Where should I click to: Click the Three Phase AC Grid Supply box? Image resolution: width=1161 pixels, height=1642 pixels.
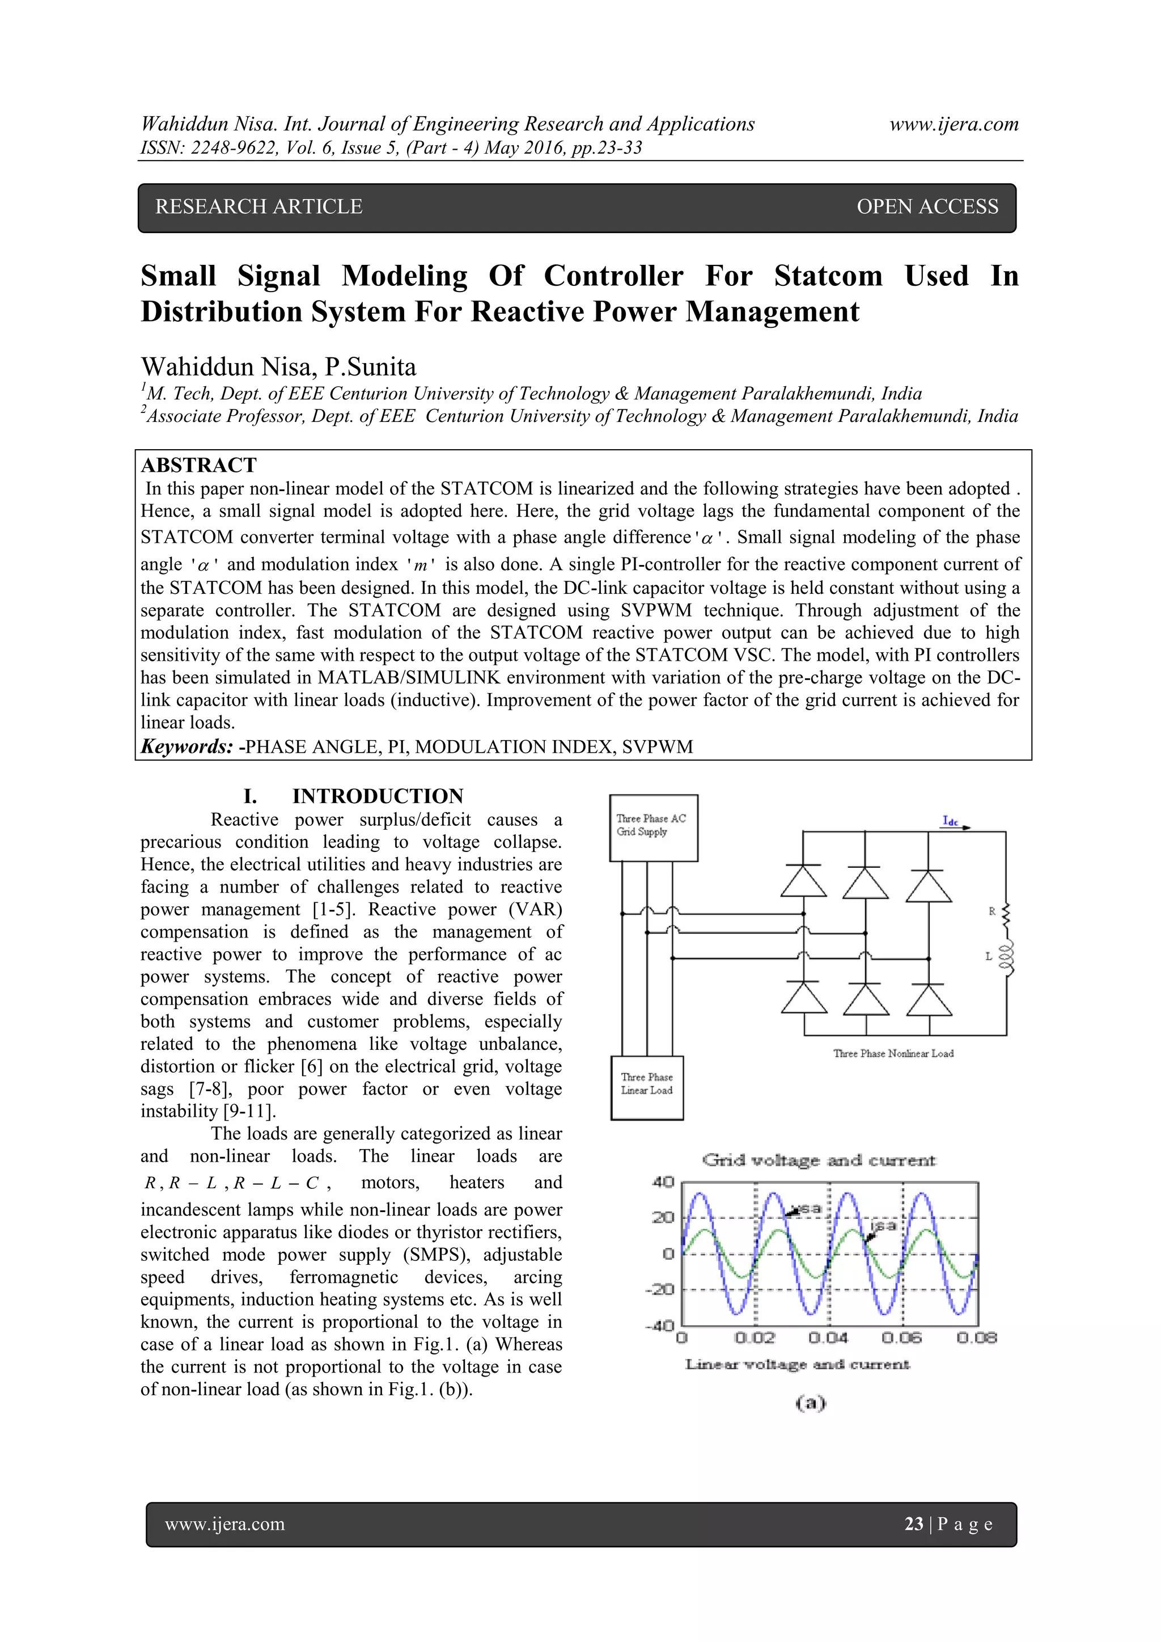pyautogui.click(x=652, y=828)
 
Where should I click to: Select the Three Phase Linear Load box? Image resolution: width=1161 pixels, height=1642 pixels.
pyautogui.click(x=647, y=1087)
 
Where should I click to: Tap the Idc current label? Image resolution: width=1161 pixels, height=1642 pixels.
pyautogui.click(x=950, y=821)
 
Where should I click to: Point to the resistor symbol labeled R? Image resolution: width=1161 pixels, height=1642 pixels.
pyautogui.click(x=1007, y=913)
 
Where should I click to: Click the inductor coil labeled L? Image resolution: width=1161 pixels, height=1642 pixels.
pyautogui.click(x=1007, y=957)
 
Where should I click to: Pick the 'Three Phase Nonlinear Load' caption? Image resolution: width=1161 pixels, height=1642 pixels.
pyautogui.click(x=893, y=1053)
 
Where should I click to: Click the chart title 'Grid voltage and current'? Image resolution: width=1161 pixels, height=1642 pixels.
pyautogui.click(x=819, y=1160)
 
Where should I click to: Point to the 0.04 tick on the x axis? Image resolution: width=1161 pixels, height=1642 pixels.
pyautogui.click(x=828, y=1337)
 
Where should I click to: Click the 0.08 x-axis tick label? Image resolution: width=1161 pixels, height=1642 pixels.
pyautogui.click(x=977, y=1337)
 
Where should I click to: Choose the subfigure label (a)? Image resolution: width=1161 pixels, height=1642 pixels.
pyautogui.click(x=810, y=1403)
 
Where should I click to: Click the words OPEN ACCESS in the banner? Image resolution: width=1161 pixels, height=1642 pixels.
pyautogui.click(x=927, y=206)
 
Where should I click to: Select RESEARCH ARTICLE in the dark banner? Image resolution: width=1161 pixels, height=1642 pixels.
pyautogui.click(x=259, y=206)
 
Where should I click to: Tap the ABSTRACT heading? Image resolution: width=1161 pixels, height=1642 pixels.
pyautogui.click(x=199, y=466)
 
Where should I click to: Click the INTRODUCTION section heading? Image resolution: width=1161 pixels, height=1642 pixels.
pyautogui.click(x=378, y=797)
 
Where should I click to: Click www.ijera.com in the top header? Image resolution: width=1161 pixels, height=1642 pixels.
pyautogui.click(x=954, y=124)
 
